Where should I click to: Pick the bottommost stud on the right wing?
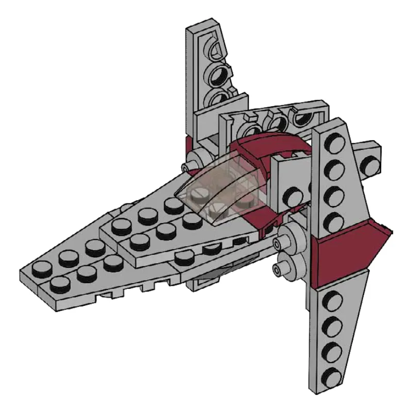(x=335, y=376)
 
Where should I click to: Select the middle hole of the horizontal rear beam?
(x=278, y=122)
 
